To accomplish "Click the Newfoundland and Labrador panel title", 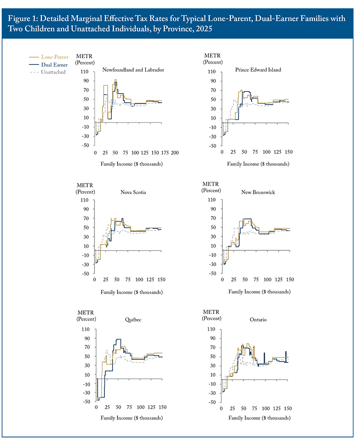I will [133, 70].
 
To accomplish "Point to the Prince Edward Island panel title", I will [258, 70].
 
